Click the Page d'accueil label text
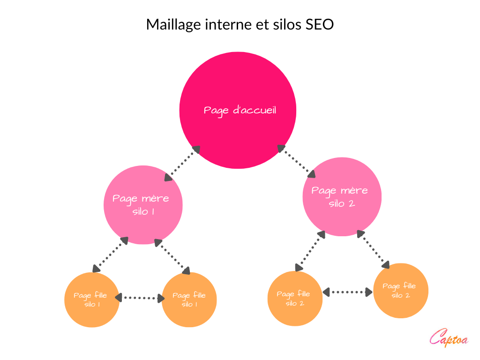click(240, 111)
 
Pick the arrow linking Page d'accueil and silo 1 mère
click(182, 163)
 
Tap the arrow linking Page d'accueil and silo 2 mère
click(297, 161)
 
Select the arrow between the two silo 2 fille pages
click(347, 292)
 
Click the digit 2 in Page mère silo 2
click(352, 204)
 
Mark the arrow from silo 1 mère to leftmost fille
click(111, 255)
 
